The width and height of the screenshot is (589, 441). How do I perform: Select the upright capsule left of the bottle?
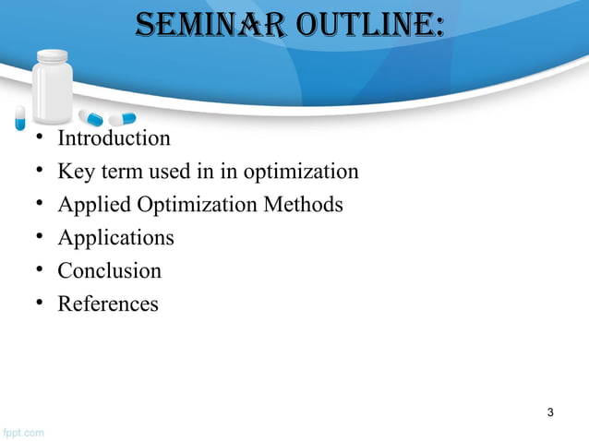coord(19,116)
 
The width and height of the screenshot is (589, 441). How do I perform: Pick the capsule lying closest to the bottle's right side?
coord(90,117)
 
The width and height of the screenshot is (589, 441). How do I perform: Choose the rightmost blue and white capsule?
coord(122,118)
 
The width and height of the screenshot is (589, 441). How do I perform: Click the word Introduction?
coord(114,138)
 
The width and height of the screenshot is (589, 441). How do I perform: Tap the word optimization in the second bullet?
coord(300,172)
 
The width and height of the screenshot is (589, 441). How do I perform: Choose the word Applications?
coord(115,237)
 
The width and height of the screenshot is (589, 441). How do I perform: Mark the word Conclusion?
coord(109,270)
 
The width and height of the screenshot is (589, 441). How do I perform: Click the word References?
coord(108,303)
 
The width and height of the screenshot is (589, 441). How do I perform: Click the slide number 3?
coord(550,411)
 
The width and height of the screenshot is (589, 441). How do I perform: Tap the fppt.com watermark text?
coord(21,432)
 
